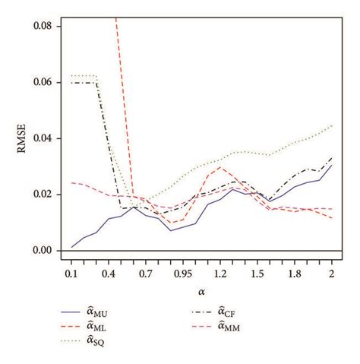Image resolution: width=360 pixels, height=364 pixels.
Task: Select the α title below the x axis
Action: (201, 292)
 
